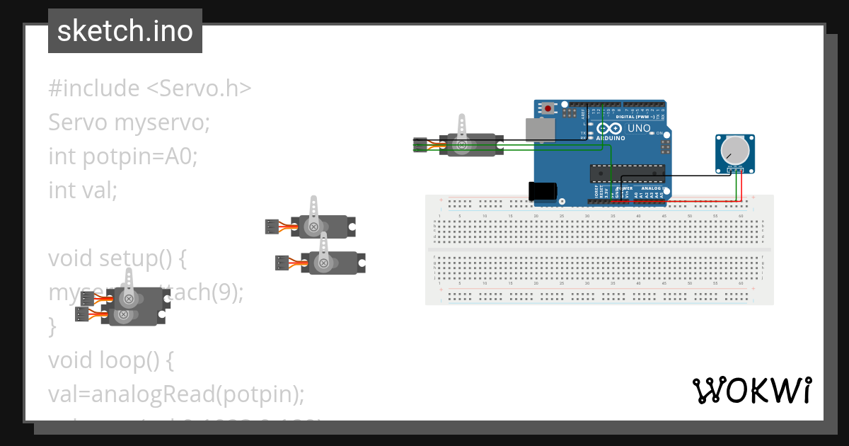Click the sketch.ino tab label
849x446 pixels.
(125, 31)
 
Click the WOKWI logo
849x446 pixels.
(751, 390)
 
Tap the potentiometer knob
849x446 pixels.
(734, 151)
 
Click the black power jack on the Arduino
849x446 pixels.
(543, 191)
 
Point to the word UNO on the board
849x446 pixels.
(639, 128)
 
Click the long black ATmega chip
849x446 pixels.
(628, 172)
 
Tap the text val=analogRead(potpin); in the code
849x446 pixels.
(176, 394)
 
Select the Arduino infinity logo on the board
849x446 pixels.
(610, 129)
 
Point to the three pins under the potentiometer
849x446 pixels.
(735, 170)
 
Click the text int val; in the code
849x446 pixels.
(83, 190)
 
